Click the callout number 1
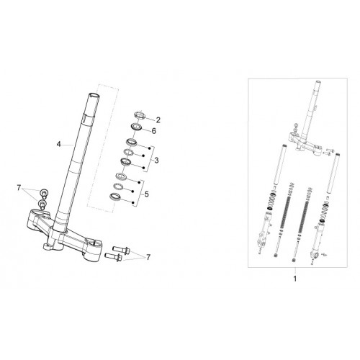click(x=295, y=279)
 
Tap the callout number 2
click(x=158, y=120)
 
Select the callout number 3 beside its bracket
click(x=156, y=160)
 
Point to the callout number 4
click(x=58, y=144)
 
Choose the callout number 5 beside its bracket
click(x=146, y=194)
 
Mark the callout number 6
click(x=154, y=131)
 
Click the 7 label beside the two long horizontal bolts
click(x=148, y=257)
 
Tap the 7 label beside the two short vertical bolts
click(x=19, y=188)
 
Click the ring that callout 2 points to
click(x=140, y=115)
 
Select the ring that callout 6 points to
click(x=137, y=127)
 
